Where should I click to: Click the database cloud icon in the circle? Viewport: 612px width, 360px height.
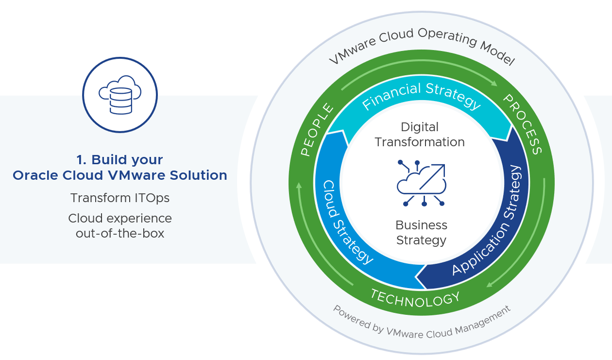pyautogui.click(x=119, y=95)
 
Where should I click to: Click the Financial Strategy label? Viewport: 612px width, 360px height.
pyautogui.click(x=421, y=95)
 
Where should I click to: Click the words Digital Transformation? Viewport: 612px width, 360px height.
pyautogui.click(x=420, y=135)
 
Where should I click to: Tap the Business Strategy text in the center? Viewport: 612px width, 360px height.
pyautogui.click(x=421, y=233)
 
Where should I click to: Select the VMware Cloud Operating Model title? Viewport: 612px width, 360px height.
pyautogui.click(x=421, y=46)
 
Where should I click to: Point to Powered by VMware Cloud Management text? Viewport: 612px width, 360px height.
pyautogui.click(x=421, y=323)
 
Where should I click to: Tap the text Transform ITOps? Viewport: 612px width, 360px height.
pyautogui.click(x=119, y=198)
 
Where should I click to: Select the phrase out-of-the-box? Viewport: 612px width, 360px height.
pyautogui.click(x=119, y=233)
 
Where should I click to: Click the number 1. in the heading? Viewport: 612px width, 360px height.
pyautogui.click(x=81, y=160)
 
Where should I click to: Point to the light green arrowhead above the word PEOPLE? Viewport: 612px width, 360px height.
pyautogui.click(x=299, y=186)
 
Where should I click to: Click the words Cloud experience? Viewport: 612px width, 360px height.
pyautogui.click(x=119, y=218)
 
